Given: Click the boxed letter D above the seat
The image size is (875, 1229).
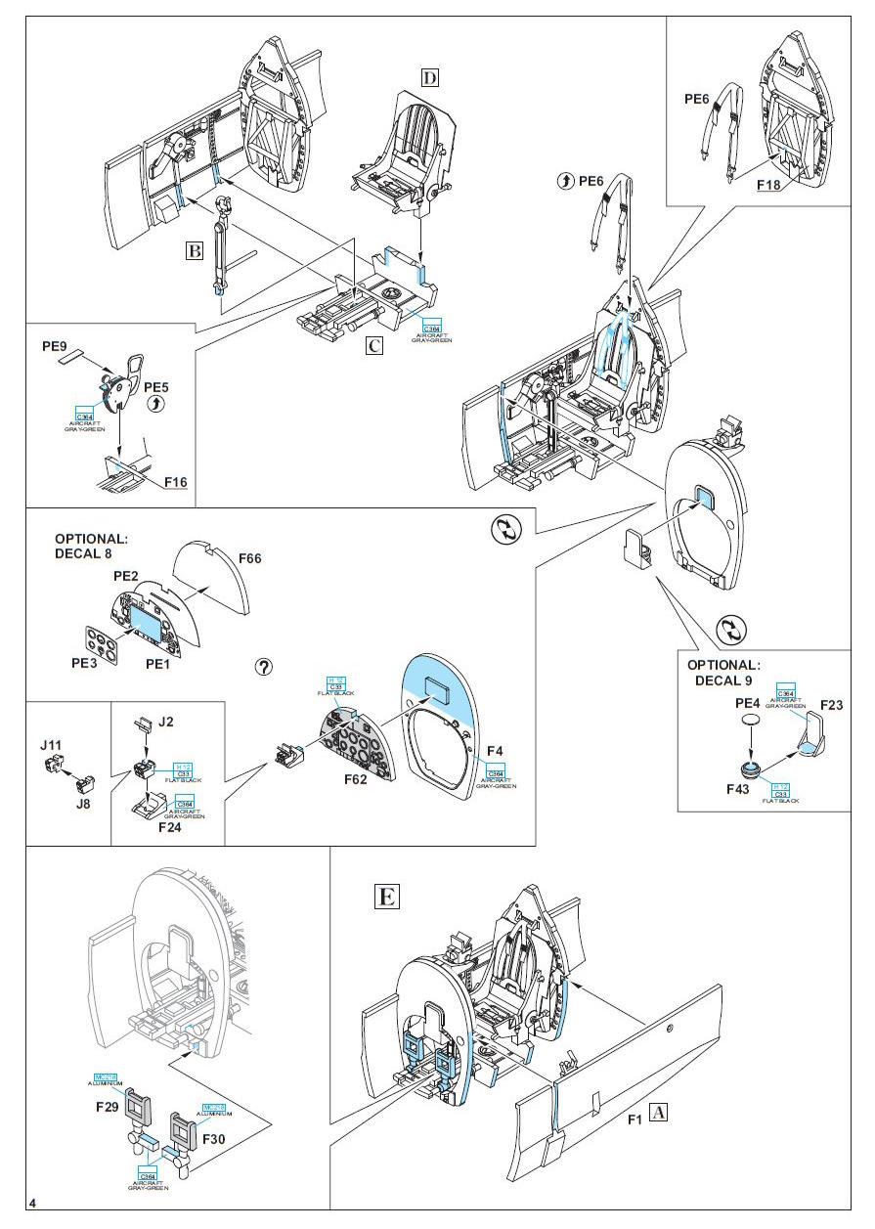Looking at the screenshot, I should (430, 77).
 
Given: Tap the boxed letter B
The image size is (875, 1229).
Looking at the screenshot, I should (196, 250).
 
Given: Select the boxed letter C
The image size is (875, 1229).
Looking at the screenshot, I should (374, 344).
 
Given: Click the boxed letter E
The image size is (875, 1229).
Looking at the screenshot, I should (387, 897).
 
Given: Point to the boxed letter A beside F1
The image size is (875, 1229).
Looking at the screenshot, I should (660, 1112).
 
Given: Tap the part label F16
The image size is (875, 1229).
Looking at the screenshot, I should (176, 482).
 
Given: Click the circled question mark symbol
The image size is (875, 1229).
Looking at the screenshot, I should (263, 667).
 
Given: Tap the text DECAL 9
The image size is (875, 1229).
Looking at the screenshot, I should (726, 680).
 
